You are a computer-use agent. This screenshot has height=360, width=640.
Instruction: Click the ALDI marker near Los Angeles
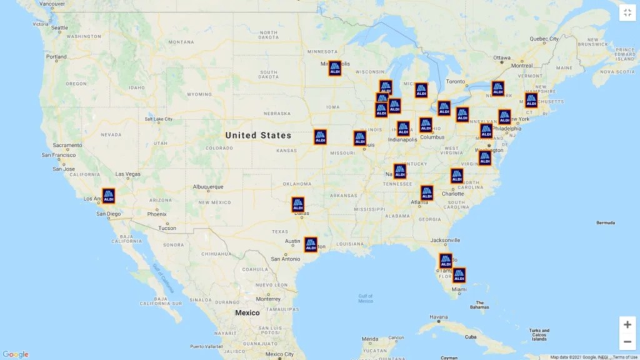[108, 196]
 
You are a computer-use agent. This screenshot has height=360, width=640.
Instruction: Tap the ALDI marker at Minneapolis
[335, 68]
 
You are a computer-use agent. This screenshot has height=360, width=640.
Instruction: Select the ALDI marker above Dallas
[298, 204]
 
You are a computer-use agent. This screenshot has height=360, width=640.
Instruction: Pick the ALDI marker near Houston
[311, 244]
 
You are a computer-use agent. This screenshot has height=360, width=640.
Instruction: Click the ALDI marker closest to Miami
[459, 275]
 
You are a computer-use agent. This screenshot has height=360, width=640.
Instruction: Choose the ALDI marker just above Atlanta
[427, 192]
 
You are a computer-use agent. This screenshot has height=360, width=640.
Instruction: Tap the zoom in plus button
[627, 324]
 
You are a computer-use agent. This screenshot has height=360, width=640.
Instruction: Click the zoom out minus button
[627, 342]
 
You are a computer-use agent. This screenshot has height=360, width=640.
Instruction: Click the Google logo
[16, 354]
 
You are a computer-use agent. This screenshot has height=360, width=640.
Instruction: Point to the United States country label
[258, 135]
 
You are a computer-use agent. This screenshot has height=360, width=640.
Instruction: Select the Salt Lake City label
[159, 119]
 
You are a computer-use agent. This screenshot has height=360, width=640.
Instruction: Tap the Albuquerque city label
[207, 187]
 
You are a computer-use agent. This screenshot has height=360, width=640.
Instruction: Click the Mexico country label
[247, 312]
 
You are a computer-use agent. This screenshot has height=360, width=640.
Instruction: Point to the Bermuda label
[605, 222]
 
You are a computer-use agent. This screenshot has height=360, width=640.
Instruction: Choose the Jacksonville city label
[446, 240]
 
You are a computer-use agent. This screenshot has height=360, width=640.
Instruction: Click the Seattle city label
[59, 27]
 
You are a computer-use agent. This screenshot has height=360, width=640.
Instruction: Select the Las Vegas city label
[128, 174]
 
